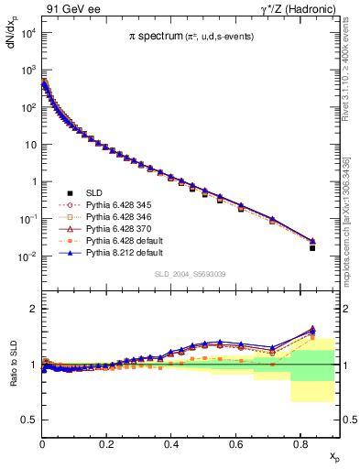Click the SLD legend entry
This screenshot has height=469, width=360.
point(96,193)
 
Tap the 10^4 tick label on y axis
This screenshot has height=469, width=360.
point(27,33)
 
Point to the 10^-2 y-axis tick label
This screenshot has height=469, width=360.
point(27,256)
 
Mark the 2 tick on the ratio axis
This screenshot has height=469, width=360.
point(33,310)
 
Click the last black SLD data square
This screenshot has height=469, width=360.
point(312,248)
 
